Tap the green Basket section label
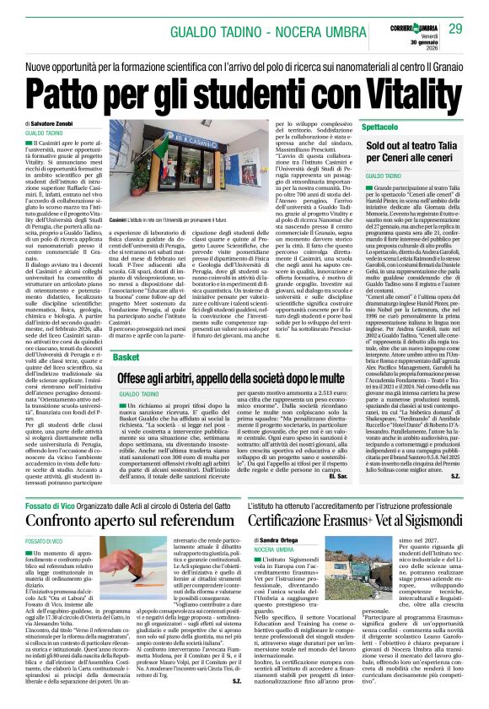tap(127, 357)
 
